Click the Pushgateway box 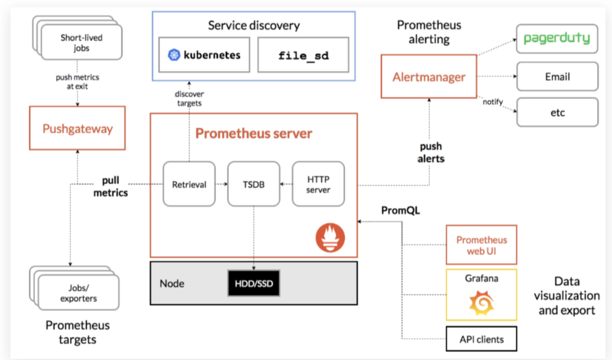[x=77, y=128]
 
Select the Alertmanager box [x=429, y=77]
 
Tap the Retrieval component [x=189, y=184]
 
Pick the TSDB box [x=254, y=184]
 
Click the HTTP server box [x=318, y=184]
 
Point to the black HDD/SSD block [x=254, y=283]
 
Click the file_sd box [x=303, y=55]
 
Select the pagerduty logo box [x=557, y=38]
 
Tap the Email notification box [x=557, y=76]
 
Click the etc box [x=557, y=113]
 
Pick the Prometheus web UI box [x=481, y=245]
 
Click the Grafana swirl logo [x=481, y=301]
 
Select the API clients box [x=481, y=339]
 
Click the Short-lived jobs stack [x=80, y=41]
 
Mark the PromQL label [x=401, y=211]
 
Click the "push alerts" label [x=431, y=153]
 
